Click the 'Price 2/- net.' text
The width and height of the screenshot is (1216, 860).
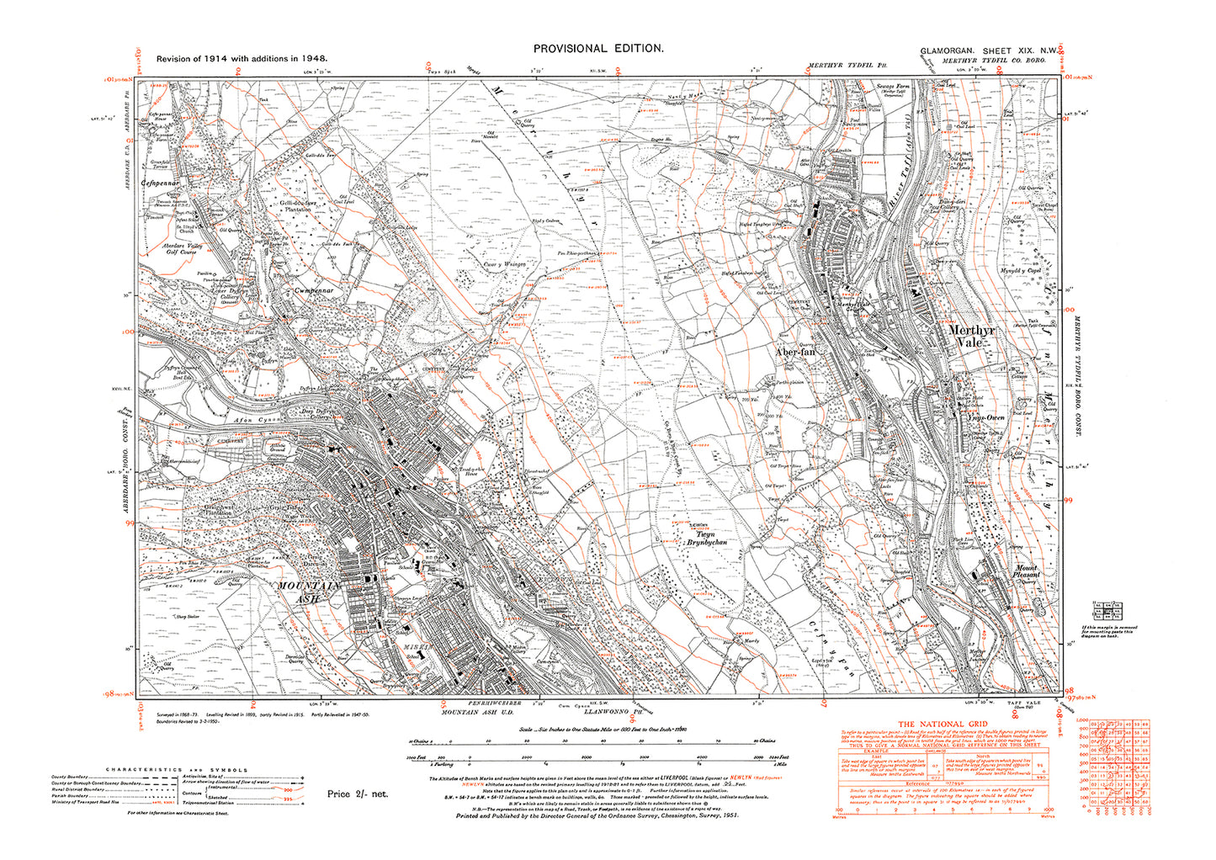[x=358, y=794]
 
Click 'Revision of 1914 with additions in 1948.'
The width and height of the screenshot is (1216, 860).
[x=242, y=60]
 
